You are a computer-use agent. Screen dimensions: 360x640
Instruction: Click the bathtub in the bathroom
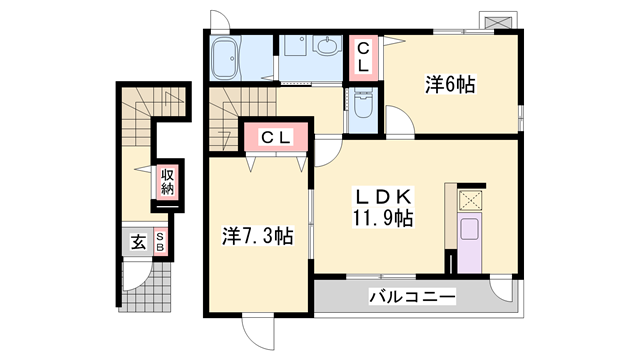[x=228, y=60]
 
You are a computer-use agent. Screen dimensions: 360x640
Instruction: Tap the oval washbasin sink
[x=326, y=46]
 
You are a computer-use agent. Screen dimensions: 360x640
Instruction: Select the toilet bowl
[x=361, y=107]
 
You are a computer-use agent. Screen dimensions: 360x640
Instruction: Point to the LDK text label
[x=376, y=196]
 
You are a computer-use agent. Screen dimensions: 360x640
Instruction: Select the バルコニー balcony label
[x=411, y=297]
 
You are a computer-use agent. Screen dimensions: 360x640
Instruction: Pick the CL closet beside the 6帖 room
[x=363, y=54]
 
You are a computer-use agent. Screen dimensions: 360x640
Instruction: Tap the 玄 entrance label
[x=135, y=241]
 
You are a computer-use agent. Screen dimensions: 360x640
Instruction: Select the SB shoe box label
[x=158, y=241]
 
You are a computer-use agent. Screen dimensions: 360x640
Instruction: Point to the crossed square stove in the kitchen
[x=470, y=200]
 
